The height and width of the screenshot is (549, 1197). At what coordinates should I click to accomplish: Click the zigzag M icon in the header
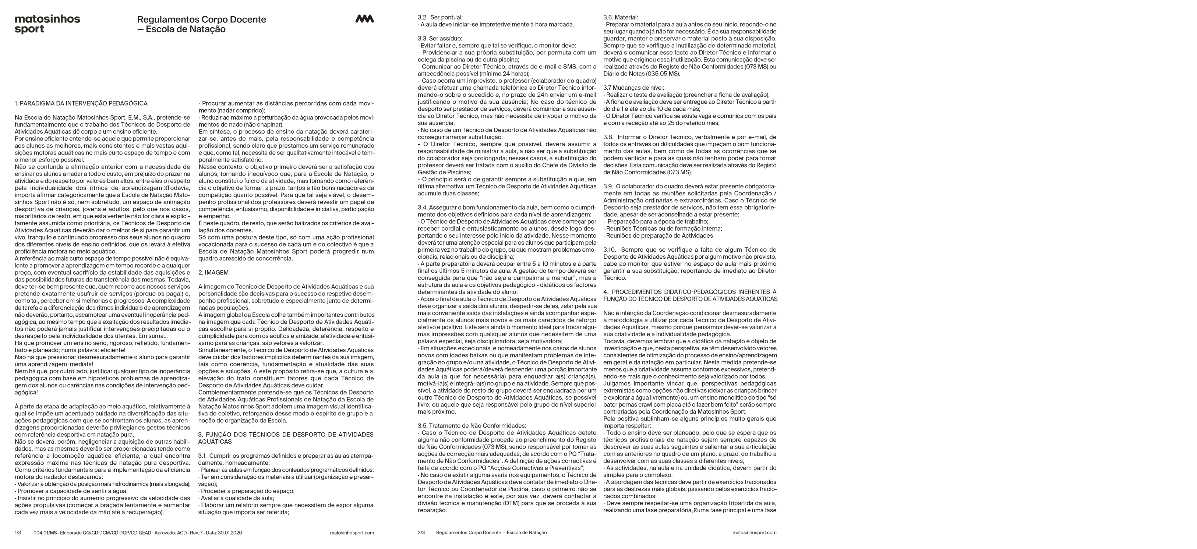[365, 19]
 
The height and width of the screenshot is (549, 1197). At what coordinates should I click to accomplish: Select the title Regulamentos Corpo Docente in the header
[201, 20]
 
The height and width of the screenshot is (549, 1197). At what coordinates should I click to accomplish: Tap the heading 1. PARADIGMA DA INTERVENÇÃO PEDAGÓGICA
[81, 103]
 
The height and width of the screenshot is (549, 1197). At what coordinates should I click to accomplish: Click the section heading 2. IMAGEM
[213, 272]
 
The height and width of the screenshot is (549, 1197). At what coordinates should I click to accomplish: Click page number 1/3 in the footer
[18, 532]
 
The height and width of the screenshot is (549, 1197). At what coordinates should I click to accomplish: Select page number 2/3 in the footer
[421, 532]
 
